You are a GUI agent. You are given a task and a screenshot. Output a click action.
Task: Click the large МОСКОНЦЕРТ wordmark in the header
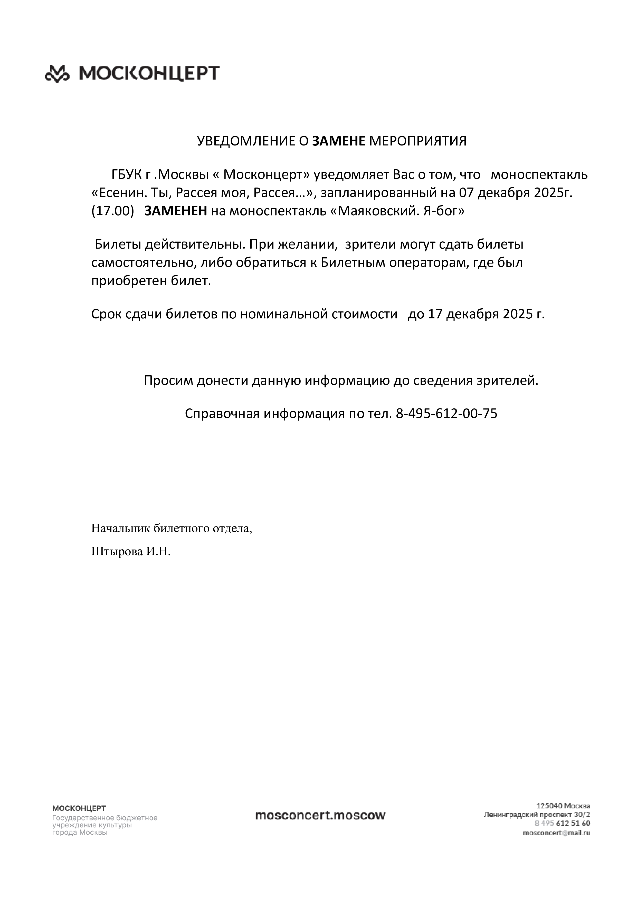(149, 73)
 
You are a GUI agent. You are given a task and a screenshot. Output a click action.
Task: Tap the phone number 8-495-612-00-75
(447, 414)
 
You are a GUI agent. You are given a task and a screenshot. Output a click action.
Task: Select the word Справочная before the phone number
(222, 414)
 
